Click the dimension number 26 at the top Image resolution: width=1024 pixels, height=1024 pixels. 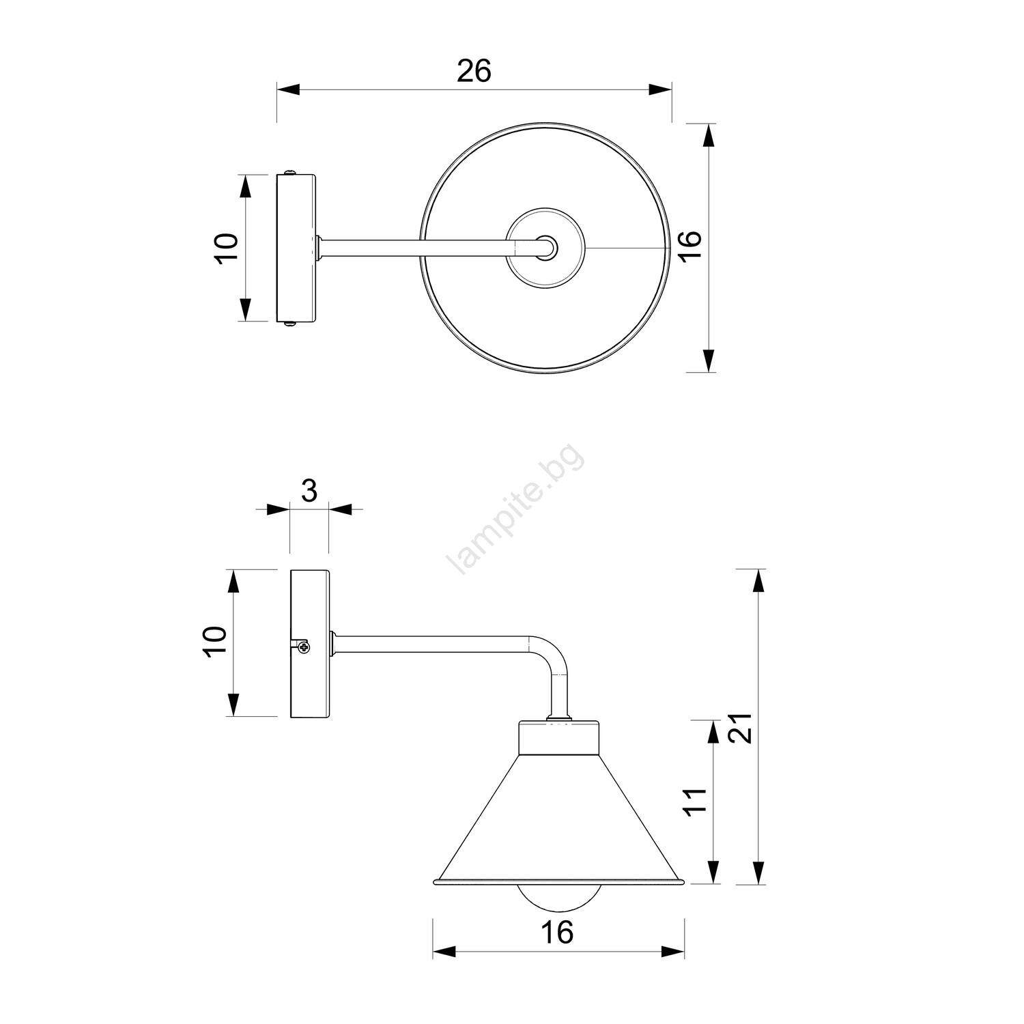click(474, 71)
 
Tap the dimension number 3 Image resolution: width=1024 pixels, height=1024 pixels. click(309, 490)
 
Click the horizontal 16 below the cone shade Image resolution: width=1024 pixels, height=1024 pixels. click(557, 932)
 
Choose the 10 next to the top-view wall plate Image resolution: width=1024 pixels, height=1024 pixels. click(226, 248)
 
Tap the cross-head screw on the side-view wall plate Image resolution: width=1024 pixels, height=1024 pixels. click(303, 646)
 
